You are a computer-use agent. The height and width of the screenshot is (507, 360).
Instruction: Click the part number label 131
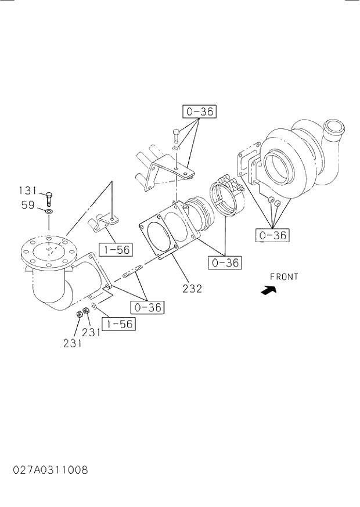point(27,190)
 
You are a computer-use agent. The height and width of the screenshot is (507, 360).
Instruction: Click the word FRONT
point(284,277)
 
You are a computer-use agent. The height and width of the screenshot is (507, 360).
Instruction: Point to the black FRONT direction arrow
point(269,290)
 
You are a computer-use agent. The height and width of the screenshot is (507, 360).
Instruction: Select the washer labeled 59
point(49,212)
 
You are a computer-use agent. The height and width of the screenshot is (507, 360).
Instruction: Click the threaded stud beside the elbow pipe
point(132,272)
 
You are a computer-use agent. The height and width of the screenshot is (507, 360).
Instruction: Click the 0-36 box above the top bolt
point(199,111)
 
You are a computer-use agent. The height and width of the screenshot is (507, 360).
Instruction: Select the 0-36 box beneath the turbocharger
point(272,235)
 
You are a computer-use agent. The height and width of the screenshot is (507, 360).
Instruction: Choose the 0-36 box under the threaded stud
point(147,307)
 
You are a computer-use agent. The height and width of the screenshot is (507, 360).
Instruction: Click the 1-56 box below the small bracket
point(115,250)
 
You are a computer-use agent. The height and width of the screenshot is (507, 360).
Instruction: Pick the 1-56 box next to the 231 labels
point(118,323)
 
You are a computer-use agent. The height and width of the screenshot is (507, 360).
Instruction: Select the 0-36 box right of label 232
point(225,263)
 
